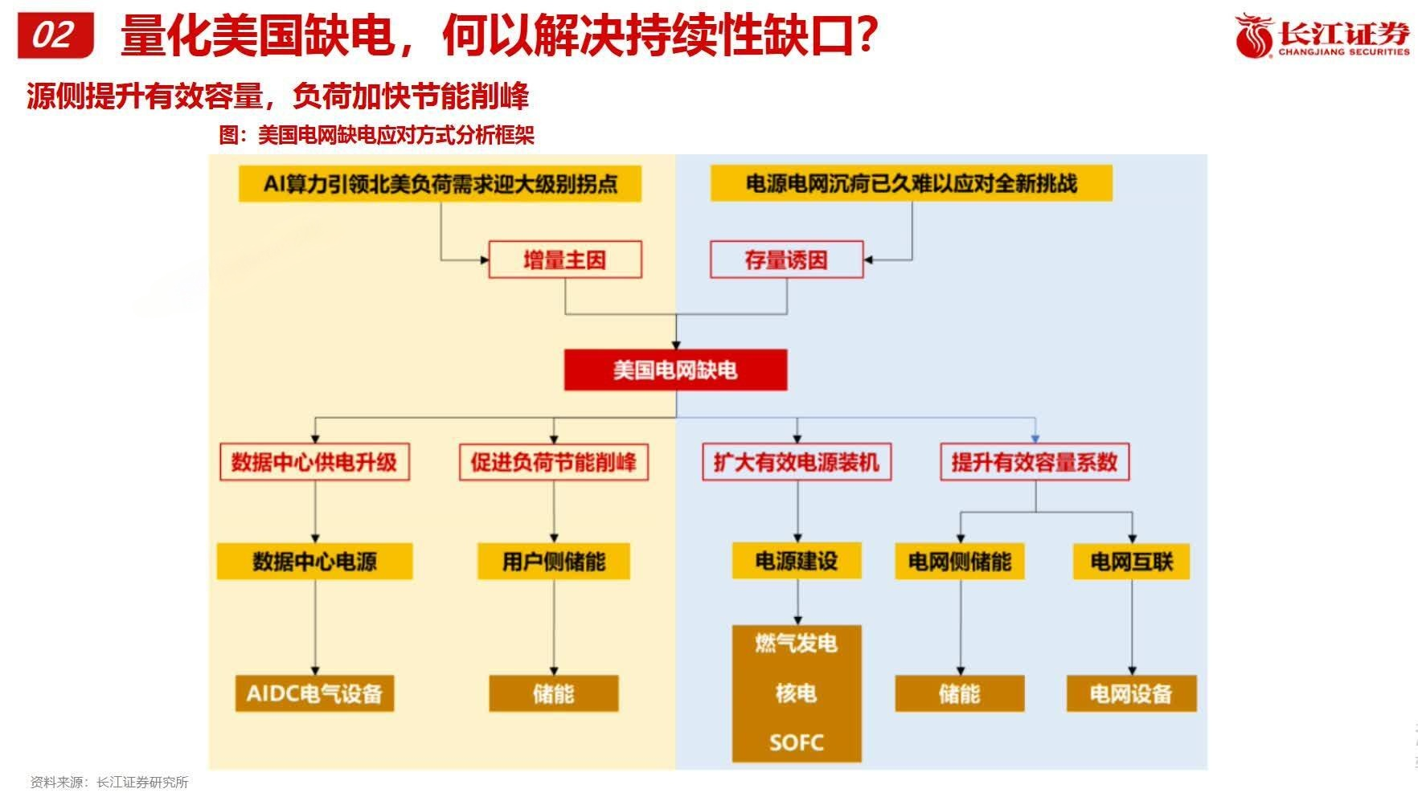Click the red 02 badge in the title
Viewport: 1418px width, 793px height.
click(55, 35)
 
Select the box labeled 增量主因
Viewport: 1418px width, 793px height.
click(564, 260)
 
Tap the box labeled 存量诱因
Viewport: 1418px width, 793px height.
click(785, 260)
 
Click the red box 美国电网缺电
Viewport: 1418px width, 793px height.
click(675, 370)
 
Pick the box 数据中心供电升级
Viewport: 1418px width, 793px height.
click(314, 462)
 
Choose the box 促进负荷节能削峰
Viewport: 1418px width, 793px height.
click(553, 462)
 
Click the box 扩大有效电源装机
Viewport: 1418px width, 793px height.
click(797, 462)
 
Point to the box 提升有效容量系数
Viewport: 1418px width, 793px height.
click(1035, 462)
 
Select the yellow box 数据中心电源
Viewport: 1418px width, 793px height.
click(314, 561)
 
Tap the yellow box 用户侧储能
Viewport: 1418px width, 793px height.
click(553, 561)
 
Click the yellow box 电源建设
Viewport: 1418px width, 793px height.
click(797, 560)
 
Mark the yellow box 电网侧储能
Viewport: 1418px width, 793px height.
click(960, 561)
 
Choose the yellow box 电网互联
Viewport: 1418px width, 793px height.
click(1131, 561)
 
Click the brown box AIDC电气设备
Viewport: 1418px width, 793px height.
click(314, 693)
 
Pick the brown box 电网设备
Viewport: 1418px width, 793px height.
click(1131, 693)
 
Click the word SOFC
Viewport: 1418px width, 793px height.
click(797, 742)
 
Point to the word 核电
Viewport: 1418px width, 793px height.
click(797, 693)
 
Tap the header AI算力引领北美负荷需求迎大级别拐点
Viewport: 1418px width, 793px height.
click(440, 183)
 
